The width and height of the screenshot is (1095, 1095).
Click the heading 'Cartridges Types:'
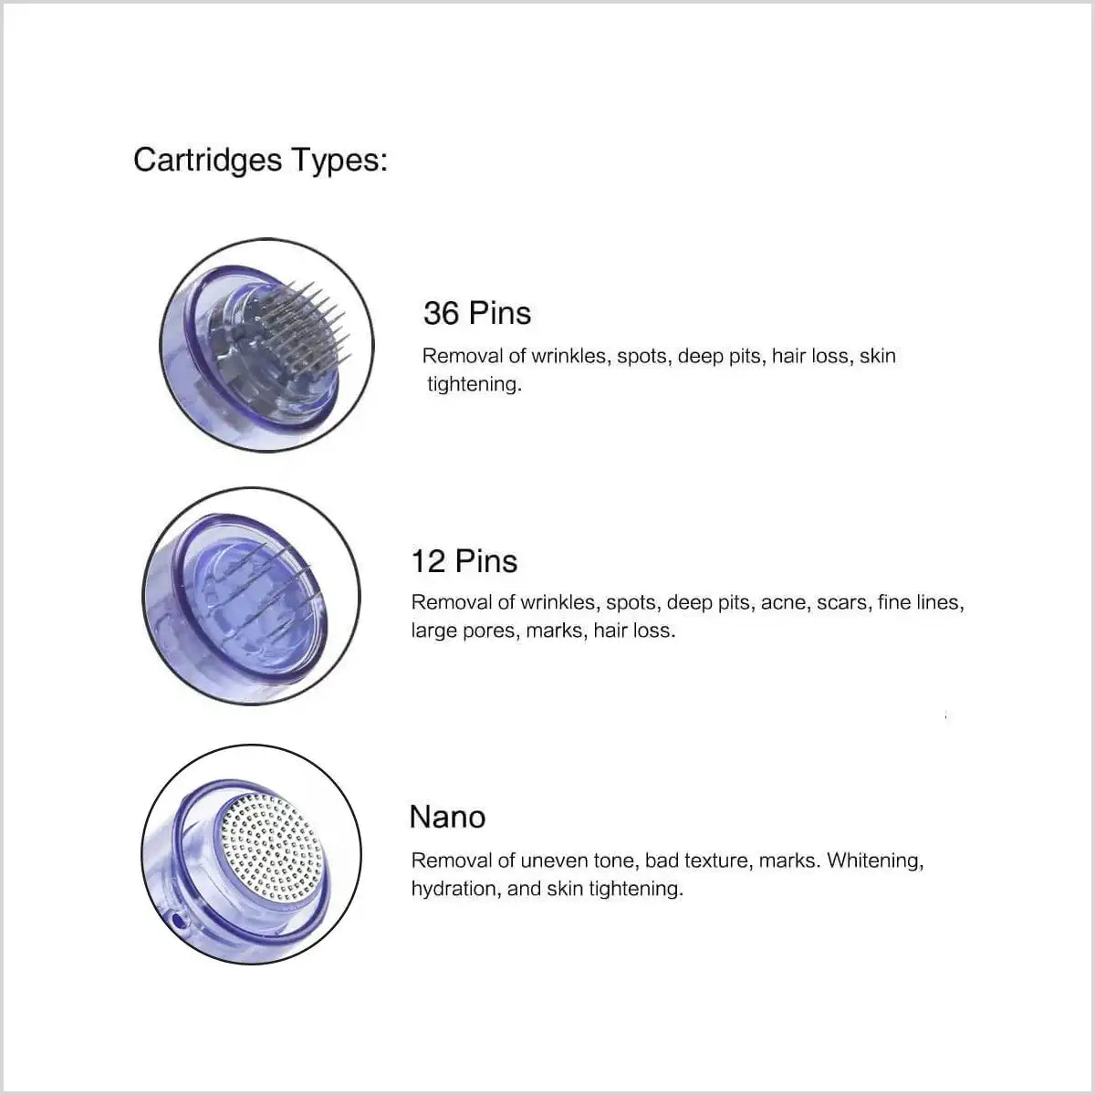(x=260, y=161)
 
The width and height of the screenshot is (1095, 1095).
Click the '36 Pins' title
(x=476, y=313)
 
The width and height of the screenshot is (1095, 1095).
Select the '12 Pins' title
(x=464, y=560)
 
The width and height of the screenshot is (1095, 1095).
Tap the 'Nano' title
(x=447, y=817)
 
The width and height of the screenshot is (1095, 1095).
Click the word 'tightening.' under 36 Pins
(x=474, y=384)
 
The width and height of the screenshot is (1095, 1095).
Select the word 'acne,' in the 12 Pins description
(x=784, y=602)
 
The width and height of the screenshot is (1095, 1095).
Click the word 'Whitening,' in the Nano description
(x=875, y=860)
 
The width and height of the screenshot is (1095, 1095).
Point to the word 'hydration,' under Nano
(x=454, y=889)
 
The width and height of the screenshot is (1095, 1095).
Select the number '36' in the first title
(x=442, y=313)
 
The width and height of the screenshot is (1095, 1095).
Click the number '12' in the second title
(x=427, y=560)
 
